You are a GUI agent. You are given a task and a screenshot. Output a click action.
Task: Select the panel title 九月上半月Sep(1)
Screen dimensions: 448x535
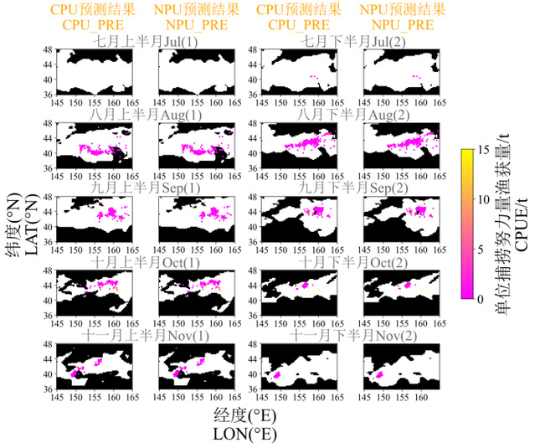147,188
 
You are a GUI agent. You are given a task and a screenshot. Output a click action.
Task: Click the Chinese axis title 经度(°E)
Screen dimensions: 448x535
245,415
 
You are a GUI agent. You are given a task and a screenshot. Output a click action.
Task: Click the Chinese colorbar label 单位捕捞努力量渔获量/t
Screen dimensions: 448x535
504,224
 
